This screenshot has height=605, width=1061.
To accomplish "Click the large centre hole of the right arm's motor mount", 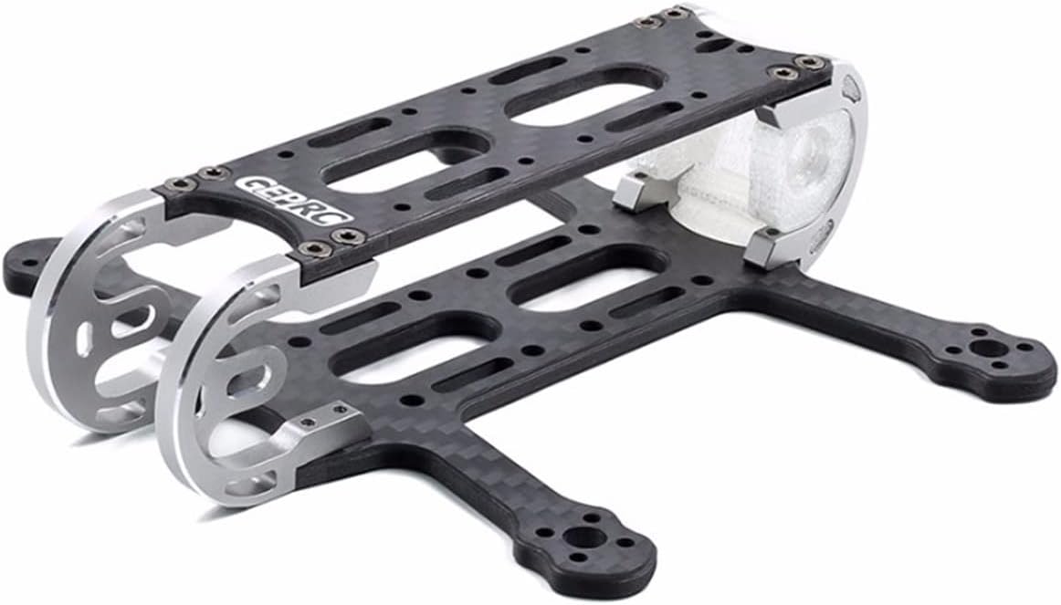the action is [982, 349].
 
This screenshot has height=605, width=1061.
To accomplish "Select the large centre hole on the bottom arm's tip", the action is [583, 538].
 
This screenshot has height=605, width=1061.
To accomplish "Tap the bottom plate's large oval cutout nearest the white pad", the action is [589, 277].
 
